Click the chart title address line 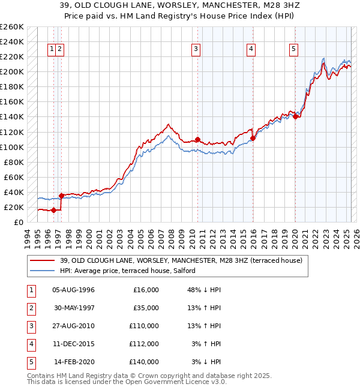click(x=180, y=5)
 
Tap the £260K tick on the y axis click(x=12, y=27)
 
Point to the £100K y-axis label click(x=12, y=147)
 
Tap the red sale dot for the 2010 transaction click(x=197, y=139)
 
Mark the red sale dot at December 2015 click(x=253, y=138)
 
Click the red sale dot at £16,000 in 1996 click(x=53, y=210)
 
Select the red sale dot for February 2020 click(x=295, y=116)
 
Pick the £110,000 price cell click(x=145, y=326)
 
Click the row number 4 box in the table click(x=31, y=344)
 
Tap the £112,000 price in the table click(x=145, y=344)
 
